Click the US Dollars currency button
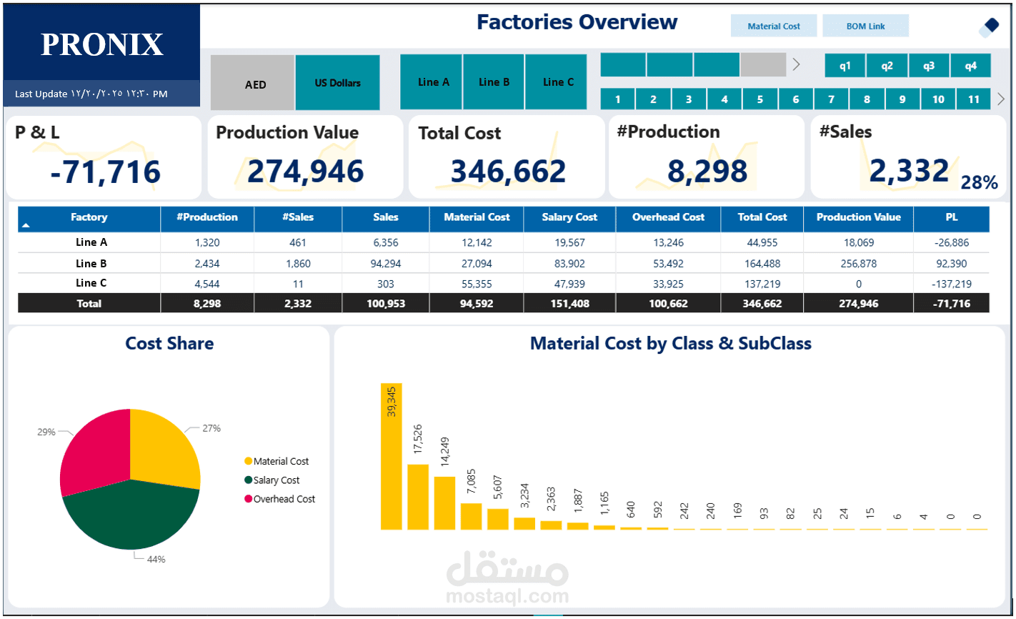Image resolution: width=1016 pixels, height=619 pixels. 337,83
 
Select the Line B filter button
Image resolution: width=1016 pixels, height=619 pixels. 494,82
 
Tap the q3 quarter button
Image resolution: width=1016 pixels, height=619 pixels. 928,66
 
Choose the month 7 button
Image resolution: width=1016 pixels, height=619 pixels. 831,99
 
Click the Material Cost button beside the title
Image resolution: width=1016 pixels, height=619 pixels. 774,26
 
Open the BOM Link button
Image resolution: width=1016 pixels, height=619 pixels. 865,26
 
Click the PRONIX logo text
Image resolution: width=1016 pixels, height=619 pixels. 102,44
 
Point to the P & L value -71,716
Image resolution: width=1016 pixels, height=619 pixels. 106,172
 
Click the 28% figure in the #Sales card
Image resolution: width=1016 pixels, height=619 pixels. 978,183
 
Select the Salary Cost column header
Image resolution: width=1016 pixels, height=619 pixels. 569,217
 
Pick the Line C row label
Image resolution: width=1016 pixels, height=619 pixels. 91,283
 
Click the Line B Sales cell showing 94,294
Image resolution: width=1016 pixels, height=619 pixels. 385,263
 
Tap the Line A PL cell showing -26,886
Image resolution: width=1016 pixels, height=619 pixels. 951,242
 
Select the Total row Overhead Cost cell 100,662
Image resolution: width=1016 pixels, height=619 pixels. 668,304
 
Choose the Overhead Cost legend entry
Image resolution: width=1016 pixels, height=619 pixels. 284,499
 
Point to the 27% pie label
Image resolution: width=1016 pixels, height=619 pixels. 211,428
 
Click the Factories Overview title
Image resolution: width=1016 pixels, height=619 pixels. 577,22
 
